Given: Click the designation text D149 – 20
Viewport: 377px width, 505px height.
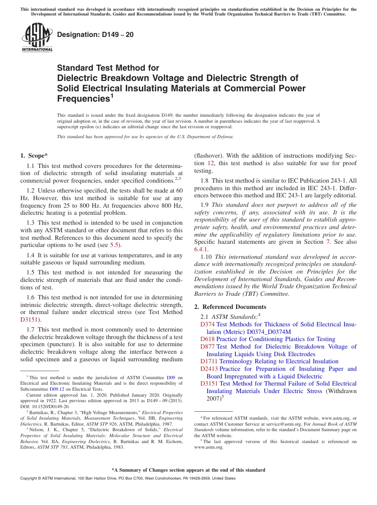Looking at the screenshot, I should click(95, 35).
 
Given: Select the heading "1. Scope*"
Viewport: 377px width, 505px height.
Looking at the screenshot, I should click(34, 156).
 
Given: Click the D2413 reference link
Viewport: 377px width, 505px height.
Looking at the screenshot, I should click(209, 369).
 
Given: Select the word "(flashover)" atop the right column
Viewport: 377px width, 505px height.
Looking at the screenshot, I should click(208, 156).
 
